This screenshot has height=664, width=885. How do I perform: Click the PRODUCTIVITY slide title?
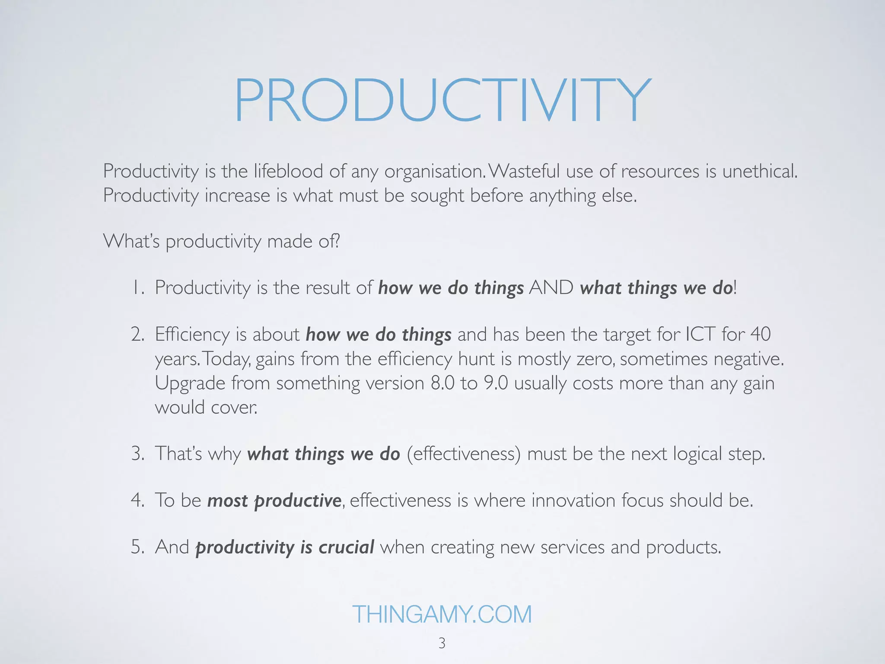(x=442, y=100)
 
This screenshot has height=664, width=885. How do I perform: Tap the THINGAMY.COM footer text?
(x=442, y=614)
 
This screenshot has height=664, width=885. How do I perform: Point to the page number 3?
(x=442, y=643)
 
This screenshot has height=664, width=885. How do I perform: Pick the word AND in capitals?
(x=551, y=288)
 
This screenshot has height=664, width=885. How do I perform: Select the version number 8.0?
(x=442, y=383)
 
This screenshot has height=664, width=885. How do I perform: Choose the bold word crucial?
(x=346, y=547)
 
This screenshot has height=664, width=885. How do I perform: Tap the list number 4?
(x=138, y=501)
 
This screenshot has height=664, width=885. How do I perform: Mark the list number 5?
(x=138, y=547)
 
